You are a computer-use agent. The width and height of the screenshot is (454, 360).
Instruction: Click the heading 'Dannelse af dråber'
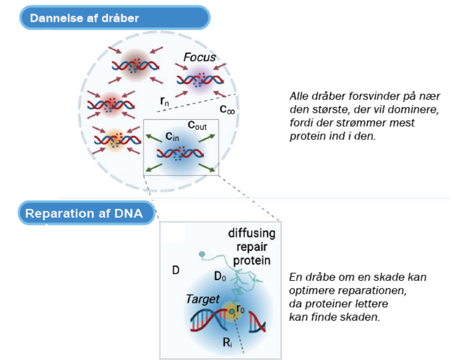[x=85, y=18]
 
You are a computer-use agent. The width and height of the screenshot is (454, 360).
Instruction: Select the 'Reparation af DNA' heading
[x=83, y=214]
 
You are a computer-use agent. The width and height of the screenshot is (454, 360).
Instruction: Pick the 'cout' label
[x=198, y=125]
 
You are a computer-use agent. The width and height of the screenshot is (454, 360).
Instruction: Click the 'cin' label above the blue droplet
[x=172, y=138]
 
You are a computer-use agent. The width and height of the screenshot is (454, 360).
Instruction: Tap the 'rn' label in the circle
[x=165, y=101]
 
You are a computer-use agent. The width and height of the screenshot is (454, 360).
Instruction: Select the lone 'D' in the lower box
[x=175, y=271]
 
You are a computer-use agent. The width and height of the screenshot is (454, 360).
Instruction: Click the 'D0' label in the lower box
[x=220, y=277]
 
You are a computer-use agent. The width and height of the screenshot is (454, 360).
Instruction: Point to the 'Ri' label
[x=226, y=343]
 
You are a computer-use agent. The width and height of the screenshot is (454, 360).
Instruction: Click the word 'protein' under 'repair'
[x=252, y=261]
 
